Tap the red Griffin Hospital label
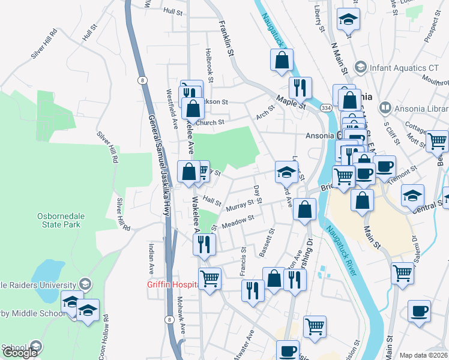coord(172,285)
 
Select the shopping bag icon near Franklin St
coord(281,60)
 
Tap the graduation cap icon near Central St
coord(412,196)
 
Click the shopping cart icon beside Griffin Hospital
coord(209,278)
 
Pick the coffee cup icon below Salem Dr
coord(419,311)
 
